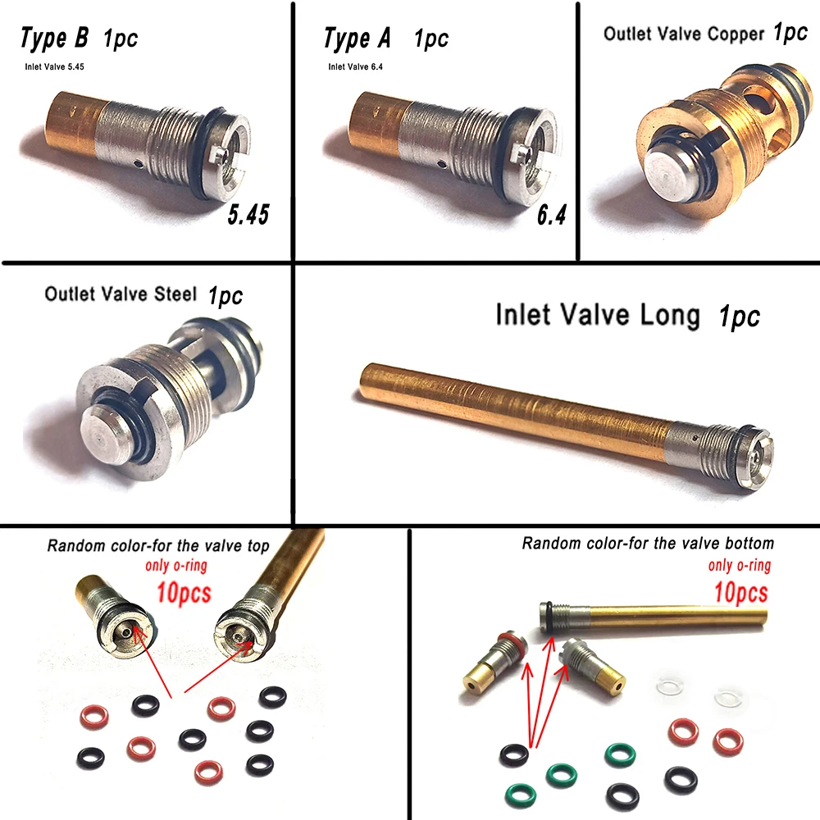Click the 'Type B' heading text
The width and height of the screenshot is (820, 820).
54,38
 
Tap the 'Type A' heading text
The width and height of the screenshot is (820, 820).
358,39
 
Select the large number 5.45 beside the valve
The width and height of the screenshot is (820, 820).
248,214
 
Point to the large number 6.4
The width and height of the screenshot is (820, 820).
551,214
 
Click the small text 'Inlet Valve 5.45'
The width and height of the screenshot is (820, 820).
54,66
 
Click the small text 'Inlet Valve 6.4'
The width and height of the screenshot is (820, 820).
355,66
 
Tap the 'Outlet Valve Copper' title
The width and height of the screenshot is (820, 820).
684,34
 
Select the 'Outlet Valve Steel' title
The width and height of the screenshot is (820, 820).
121,294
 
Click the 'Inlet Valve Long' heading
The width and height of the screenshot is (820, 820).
598,315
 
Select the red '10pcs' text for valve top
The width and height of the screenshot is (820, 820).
184,593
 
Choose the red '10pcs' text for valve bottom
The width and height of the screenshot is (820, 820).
741,593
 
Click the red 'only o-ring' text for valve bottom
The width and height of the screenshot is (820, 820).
740,565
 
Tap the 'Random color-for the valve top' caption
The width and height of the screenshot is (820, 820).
158,545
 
